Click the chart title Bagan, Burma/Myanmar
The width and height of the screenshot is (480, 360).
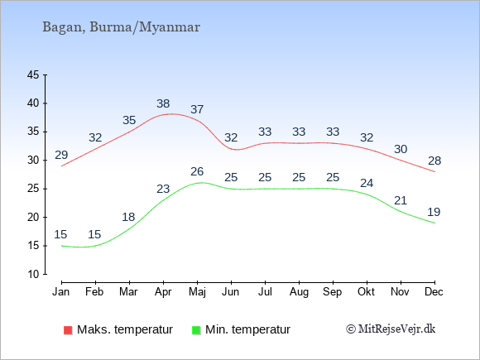click(121, 27)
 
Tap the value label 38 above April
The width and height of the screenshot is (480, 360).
click(163, 103)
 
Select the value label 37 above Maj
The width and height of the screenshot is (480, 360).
click(197, 109)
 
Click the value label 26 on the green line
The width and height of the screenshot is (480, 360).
click(197, 171)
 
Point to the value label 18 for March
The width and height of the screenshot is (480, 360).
click(128, 217)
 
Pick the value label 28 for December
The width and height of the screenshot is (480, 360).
click(434, 161)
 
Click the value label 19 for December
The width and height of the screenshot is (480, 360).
click(434, 212)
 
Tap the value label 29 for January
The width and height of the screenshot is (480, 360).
click(61, 155)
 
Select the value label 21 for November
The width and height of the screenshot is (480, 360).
click(401, 200)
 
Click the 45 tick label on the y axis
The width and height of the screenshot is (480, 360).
click(33, 74)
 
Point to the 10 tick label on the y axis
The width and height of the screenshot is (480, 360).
click(33, 274)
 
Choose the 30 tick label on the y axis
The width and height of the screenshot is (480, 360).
click(33, 160)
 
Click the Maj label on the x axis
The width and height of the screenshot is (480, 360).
click(197, 292)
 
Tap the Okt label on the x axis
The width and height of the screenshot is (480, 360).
click(366, 291)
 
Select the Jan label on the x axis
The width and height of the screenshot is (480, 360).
click(61, 291)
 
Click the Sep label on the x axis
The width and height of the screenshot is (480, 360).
click(333, 292)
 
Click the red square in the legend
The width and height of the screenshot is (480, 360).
click(68, 330)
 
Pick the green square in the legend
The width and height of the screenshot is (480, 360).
click(196, 330)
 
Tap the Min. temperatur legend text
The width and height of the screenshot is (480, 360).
click(247, 329)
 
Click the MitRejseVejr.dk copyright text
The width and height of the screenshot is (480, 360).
click(391, 329)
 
